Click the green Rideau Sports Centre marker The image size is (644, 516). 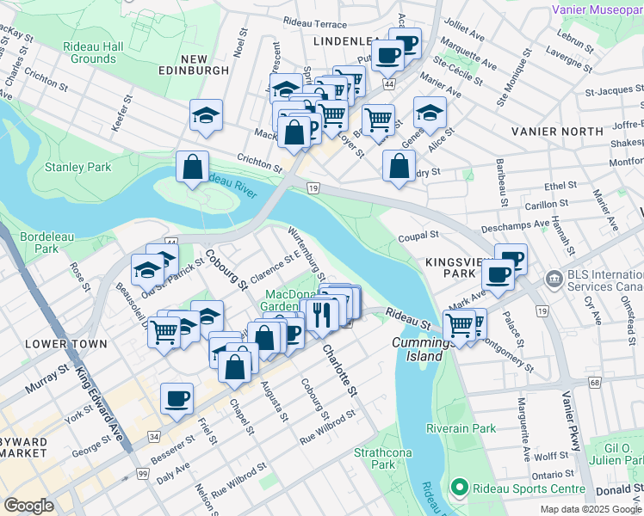pos(460,488)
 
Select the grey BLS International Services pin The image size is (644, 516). pos(552,280)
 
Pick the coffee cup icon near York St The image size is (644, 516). pos(177,398)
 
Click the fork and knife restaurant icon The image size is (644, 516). pos(323,314)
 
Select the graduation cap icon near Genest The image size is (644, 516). pos(430,112)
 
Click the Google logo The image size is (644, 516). pos(28,506)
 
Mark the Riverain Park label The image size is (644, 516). pos(461,428)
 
